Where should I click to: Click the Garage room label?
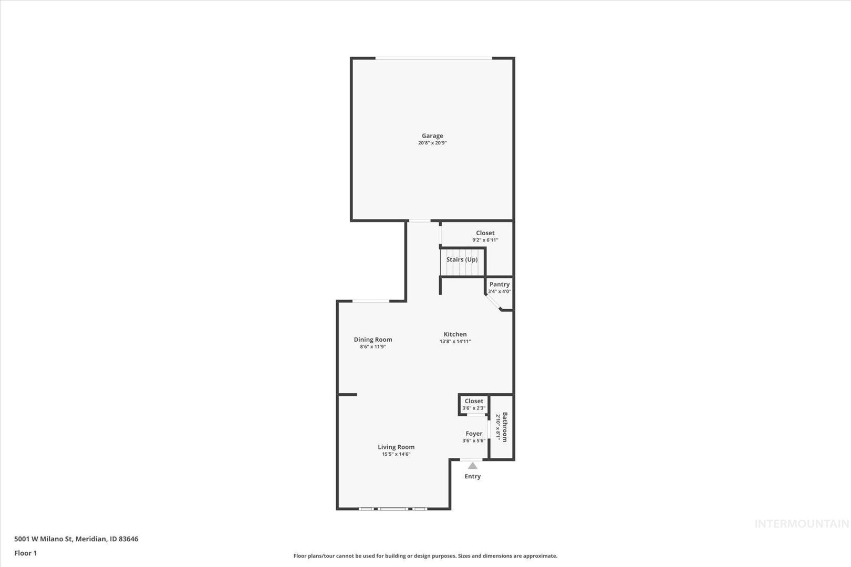pos(432,135)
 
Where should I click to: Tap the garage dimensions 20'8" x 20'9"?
pos(432,143)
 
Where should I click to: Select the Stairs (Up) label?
pos(462,259)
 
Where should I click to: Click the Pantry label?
pos(499,284)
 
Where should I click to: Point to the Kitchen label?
pos(455,334)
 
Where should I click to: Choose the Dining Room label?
pos(372,340)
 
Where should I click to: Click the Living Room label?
pos(396,447)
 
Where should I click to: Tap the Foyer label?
pos(474,433)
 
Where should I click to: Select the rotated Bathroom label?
pos(504,427)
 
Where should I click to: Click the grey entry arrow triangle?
pos(472,466)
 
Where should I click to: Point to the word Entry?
pos(472,476)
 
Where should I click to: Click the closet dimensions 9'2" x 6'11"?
pos(485,240)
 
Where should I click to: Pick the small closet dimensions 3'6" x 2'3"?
pos(474,408)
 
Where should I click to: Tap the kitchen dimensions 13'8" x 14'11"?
pos(455,341)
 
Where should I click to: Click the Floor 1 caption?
pos(25,553)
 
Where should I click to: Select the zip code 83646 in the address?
pos(128,539)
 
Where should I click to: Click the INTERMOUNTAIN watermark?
pos(802,524)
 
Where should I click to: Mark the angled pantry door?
pos(493,303)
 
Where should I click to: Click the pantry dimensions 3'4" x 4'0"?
pos(499,291)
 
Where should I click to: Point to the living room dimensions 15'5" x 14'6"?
pos(396,454)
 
